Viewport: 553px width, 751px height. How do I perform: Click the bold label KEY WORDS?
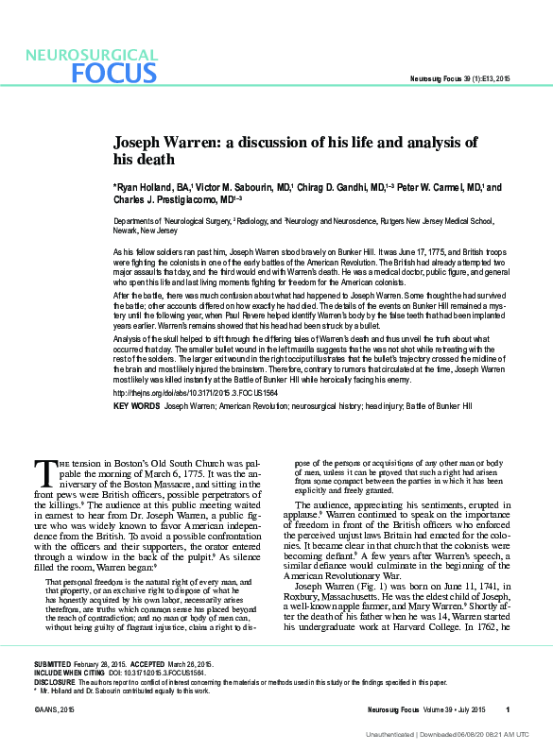[x=135, y=405]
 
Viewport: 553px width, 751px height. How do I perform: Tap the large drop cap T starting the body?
[x=44, y=469]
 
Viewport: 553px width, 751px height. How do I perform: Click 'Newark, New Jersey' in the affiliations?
[x=151, y=230]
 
